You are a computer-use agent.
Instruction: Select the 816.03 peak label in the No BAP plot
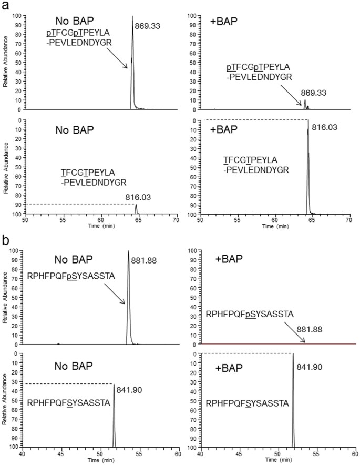coord(137,197)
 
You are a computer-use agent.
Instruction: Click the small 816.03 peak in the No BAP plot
coord(136,209)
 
